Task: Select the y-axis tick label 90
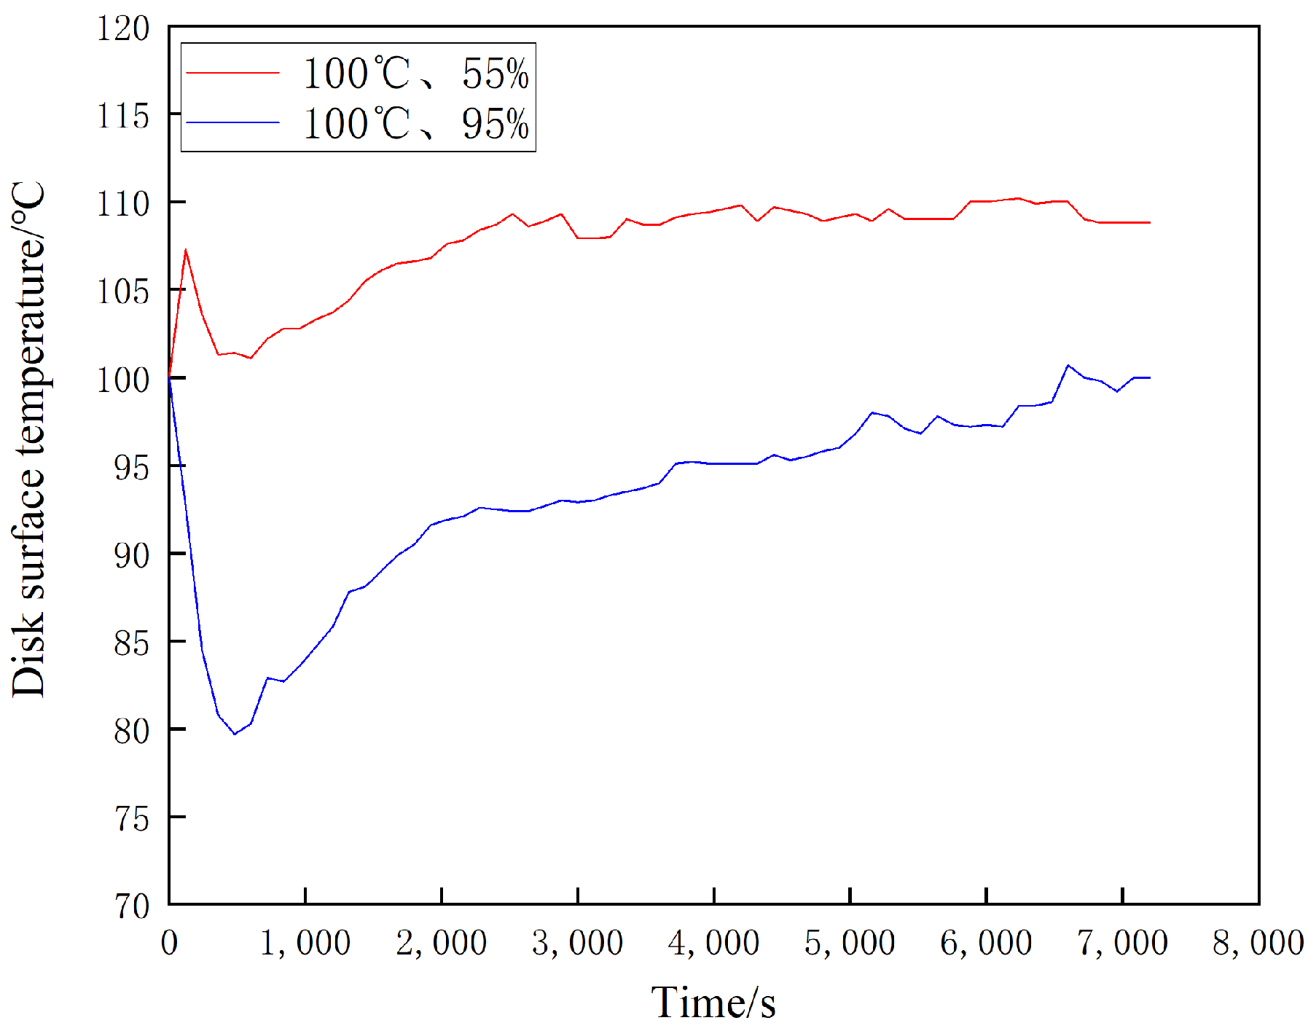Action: [131, 556]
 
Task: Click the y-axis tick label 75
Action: [131, 819]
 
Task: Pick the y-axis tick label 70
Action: [131, 907]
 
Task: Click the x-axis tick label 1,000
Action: [305, 944]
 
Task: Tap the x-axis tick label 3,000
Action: [577, 944]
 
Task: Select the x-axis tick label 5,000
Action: [850, 944]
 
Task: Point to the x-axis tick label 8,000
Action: [1258, 944]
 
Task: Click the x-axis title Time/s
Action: [713, 1003]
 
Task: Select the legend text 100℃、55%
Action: [415, 74]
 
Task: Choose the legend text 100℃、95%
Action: [415, 123]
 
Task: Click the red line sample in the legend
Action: [233, 73]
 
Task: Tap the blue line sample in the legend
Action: [233, 122]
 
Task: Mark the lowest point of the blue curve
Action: [235, 734]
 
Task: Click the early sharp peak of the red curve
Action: [186, 251]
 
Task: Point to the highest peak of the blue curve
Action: [1068, 365]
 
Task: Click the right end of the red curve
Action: [1149, 222]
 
